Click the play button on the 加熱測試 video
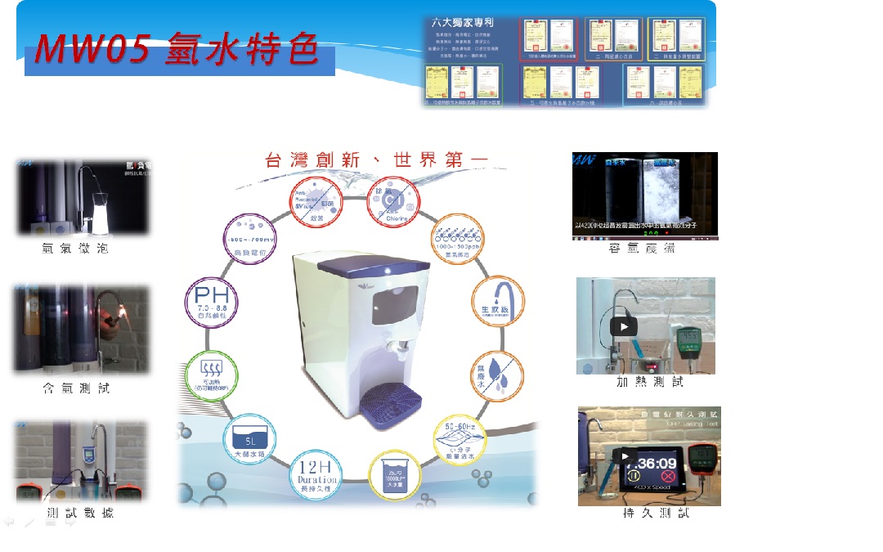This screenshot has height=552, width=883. click(623, 326)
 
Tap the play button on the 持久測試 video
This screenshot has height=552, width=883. click(626, 456)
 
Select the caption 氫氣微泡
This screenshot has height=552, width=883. click(75, 249)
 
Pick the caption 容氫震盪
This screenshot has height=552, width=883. click(645, 249)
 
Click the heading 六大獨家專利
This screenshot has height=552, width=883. click(462, 26)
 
